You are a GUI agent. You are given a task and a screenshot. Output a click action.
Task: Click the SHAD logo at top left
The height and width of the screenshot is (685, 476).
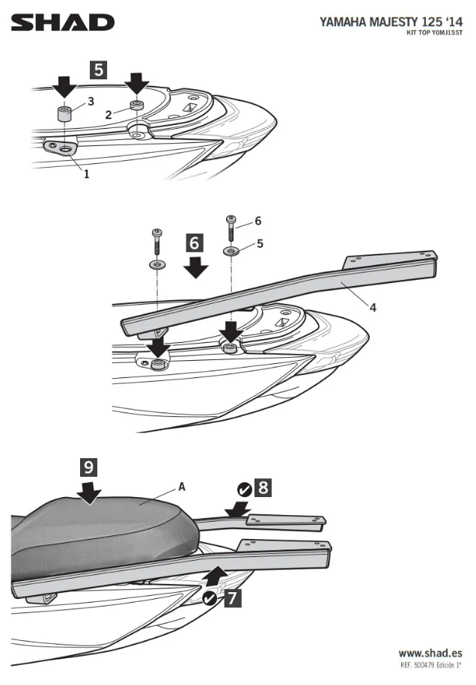pos(63,22)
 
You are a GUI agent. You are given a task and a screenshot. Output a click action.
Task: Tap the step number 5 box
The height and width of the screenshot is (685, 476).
pos(98,70)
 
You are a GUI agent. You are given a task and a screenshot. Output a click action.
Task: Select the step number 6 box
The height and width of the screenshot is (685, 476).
pos(195,243)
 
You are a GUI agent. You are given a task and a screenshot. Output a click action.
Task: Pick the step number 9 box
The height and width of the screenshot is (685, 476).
pos(89,468)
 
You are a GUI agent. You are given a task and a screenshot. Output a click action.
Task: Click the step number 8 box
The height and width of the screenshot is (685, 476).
pos(263,488)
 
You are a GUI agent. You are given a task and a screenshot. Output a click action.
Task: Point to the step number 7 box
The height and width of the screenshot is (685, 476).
pos(232,597)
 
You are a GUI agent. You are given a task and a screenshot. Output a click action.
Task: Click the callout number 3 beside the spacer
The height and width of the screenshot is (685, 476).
pos(91,100)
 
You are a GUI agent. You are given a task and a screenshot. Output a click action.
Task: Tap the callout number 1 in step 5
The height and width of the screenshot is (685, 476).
pos(86,174)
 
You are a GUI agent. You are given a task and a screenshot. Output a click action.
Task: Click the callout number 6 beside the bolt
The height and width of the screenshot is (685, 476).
pos(258,221)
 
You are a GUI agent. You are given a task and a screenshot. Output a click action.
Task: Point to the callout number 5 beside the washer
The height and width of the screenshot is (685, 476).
pos(260,243)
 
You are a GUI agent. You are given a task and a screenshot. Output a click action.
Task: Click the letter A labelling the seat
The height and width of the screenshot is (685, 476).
pos(182,487)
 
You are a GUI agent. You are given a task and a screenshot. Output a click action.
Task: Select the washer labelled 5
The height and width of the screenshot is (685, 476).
pos(231,249)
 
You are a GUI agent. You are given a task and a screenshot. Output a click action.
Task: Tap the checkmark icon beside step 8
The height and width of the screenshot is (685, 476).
pos(245,490)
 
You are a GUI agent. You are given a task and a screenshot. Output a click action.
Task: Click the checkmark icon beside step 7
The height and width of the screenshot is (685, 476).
pos(210,598)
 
